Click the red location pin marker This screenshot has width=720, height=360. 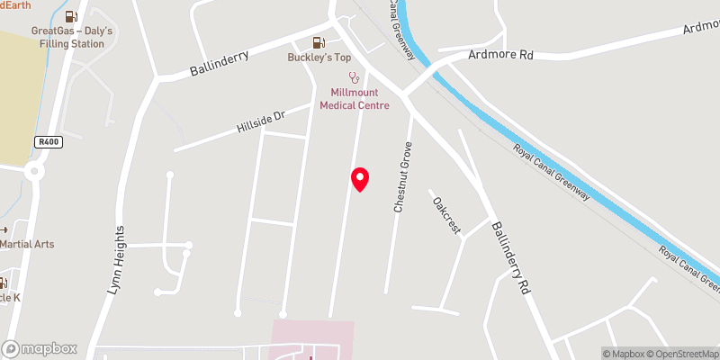(360, 178)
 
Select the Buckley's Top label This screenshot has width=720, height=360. (319, 58)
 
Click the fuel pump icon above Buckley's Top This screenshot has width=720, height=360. (318, 42)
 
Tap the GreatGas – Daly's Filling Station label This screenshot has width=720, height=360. (73, 37)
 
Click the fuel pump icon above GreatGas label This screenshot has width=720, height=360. (72, 16)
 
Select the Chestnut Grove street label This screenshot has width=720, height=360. (402, 176)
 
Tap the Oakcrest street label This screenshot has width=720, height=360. (447, 215)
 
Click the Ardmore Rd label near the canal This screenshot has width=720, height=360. (501, 56)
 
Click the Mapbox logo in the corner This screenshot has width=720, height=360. (40, 348)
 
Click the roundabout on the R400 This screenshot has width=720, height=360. (34, 171)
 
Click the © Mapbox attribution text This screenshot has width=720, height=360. (624, 354)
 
